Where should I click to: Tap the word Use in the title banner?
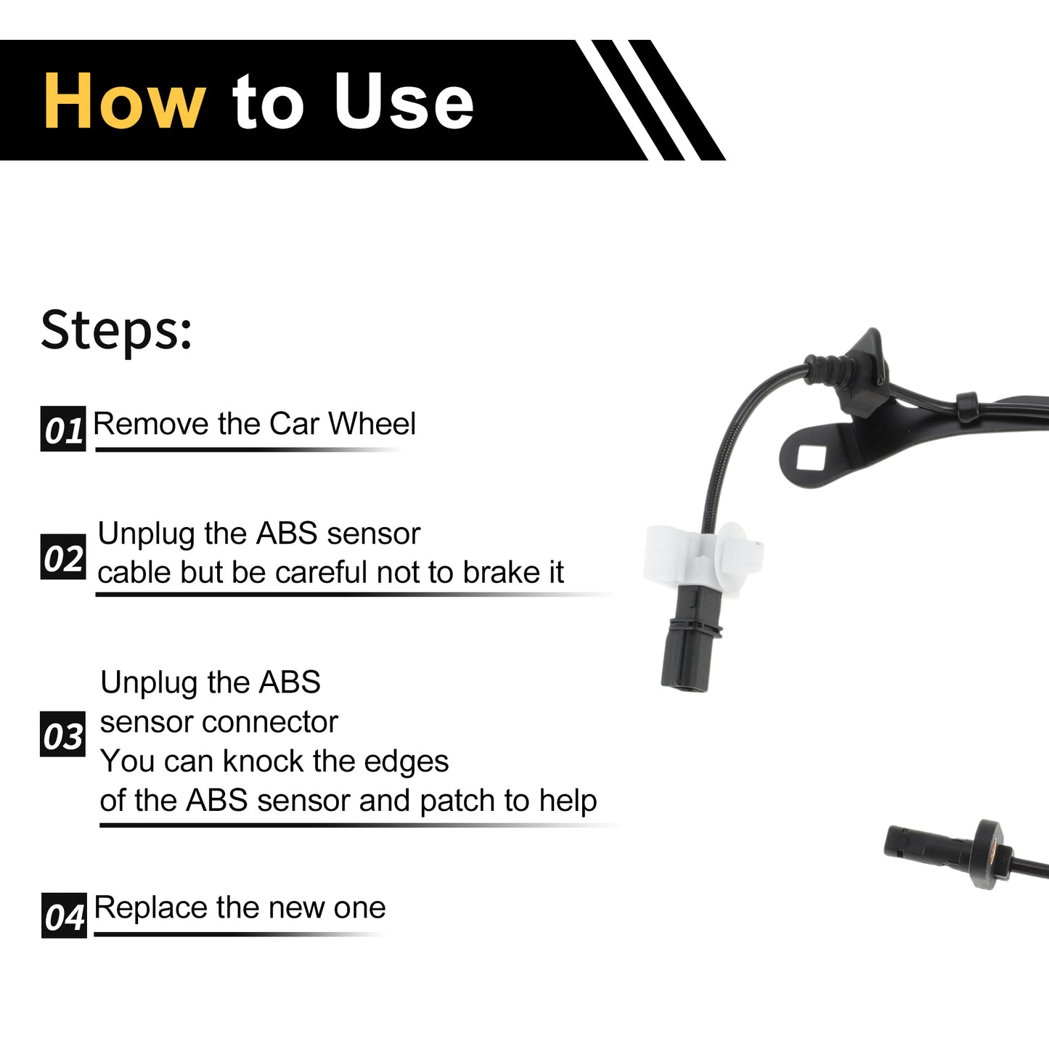tap(404, 101)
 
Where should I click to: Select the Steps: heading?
tap(116, 330)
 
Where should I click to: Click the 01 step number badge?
tap(63, 428)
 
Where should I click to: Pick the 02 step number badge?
tap(63, 556)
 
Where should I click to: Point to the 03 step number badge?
tap(62, 734)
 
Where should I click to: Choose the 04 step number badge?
tap(64, 915)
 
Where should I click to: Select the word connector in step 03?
tap(270, 722)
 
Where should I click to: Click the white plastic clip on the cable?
tap(702, 560)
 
